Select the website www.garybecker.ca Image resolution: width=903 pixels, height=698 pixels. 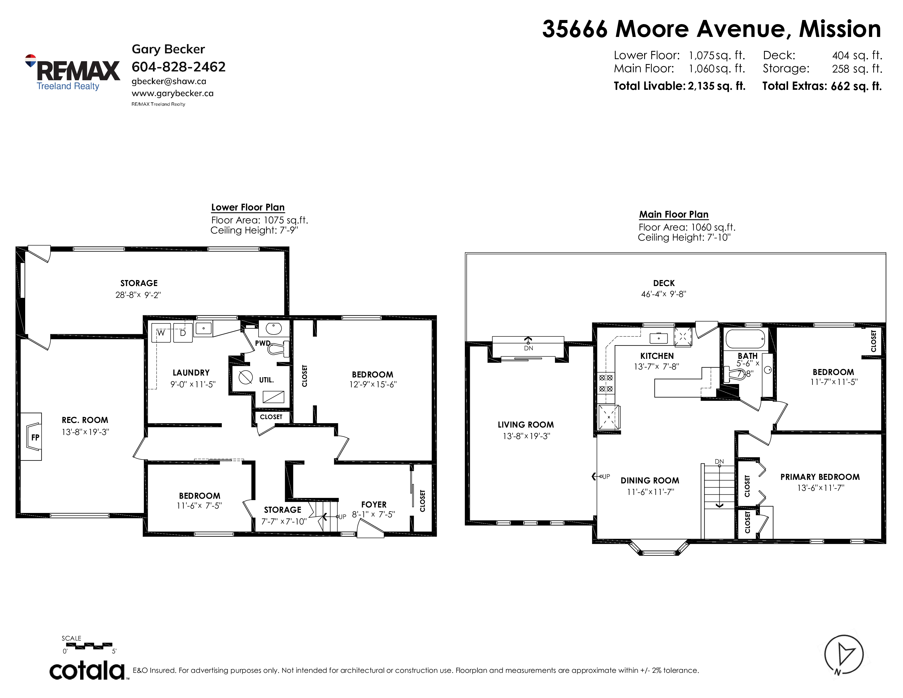(x=172, y=93)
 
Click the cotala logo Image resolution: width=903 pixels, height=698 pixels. (x=88, y=670)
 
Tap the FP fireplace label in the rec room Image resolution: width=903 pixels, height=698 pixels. (x=35, y=437)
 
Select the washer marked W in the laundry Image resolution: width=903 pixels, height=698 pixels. (x=161, y=333)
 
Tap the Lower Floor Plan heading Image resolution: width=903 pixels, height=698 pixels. (x=248, y=207)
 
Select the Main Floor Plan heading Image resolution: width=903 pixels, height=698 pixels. (x=673, y=214)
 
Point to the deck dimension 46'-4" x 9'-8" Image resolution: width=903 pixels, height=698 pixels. (x=664, y=294)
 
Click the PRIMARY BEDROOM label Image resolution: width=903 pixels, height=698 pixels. (x=820, y=477)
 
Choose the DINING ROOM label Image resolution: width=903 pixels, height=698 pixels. (x=650, y=480)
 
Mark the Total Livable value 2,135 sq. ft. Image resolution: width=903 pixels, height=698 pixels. (x=717, y=86)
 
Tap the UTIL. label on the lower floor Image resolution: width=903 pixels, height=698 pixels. (x=266, y=380)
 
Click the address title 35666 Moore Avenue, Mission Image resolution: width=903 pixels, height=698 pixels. (x=711, y=29)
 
